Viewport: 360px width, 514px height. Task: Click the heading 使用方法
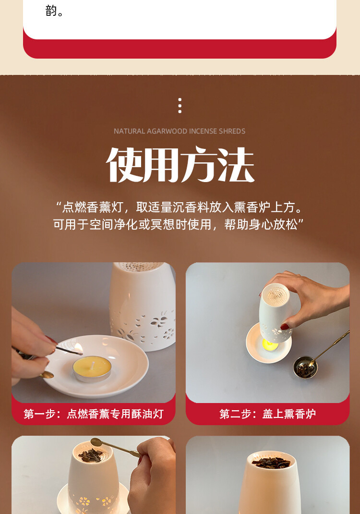(180, 165)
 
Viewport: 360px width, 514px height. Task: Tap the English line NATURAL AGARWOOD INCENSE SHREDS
(180, 131)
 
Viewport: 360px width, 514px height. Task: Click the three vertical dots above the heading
(180, 106)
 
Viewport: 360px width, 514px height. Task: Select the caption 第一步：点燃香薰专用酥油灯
(94, 414)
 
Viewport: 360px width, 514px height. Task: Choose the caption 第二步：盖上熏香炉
(268, 414)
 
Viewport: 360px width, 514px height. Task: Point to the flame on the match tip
(78, 348)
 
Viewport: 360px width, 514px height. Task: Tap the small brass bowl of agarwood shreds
(305, 367)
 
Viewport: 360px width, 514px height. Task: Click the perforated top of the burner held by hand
(276, 294)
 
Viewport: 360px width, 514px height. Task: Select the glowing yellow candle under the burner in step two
(270, 345)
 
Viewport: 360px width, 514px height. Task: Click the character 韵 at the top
(51, 11)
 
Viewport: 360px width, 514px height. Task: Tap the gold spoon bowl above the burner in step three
(96, 442)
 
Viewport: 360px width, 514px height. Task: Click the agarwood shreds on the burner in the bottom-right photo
(272, 463)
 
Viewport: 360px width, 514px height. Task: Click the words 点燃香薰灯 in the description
(92, 207)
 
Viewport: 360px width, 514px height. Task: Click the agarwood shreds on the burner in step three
(91, 455)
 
